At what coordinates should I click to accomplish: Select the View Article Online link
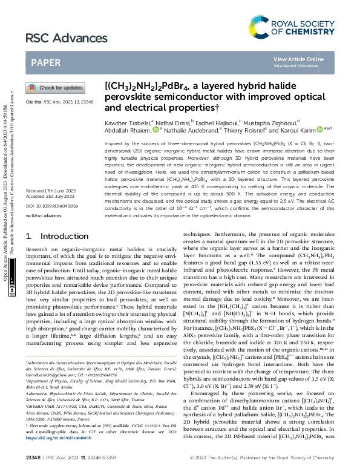[298, 59]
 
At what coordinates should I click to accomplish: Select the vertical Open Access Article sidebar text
[5, 194]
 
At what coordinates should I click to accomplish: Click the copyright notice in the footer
[273, 464]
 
